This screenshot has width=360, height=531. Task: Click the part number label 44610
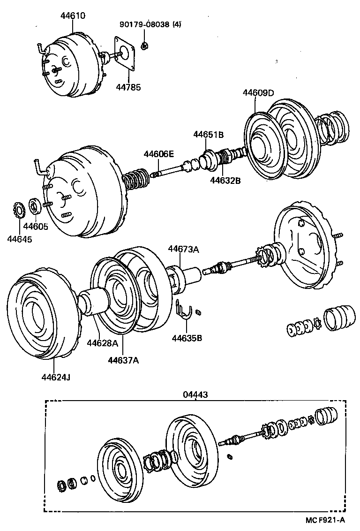[x=73, y=15]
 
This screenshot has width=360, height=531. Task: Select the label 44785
[x=128, y=87]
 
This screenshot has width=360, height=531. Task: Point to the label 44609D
[x=258, y=92]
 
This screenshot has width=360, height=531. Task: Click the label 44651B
[x=209, y=135]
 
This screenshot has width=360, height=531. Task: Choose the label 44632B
[x=225, y=180]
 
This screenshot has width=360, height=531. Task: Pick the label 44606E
[x=158, y=154]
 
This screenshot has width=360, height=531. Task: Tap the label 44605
[x=36, y=227]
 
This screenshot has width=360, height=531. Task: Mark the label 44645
[x=20, y=239]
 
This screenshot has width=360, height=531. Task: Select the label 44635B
[x=187, y=338]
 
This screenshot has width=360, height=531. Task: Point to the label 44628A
[x=102, y=343]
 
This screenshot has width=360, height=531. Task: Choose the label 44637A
[x=123, y=360]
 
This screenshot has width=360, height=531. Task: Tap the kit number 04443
[x=195, y=395]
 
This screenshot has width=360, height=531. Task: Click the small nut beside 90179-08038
[x=145, y=46]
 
